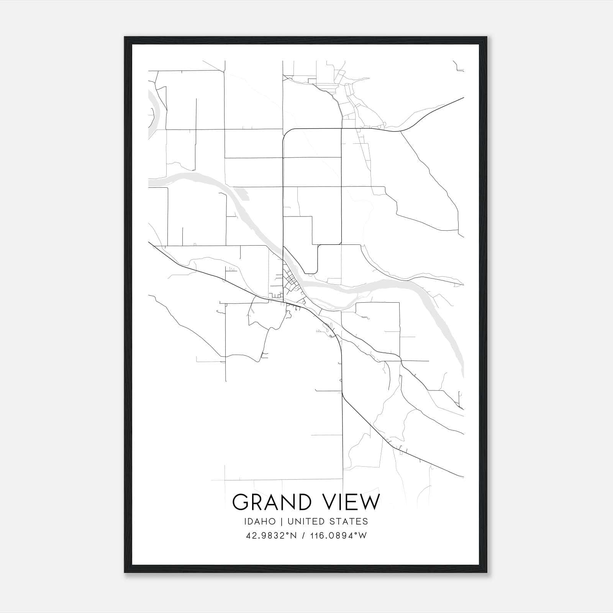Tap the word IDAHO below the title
(259, 521)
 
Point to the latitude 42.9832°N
(271, 536)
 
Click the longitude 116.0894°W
(339, 536)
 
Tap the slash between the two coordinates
(303, 536)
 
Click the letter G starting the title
(240, 502)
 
